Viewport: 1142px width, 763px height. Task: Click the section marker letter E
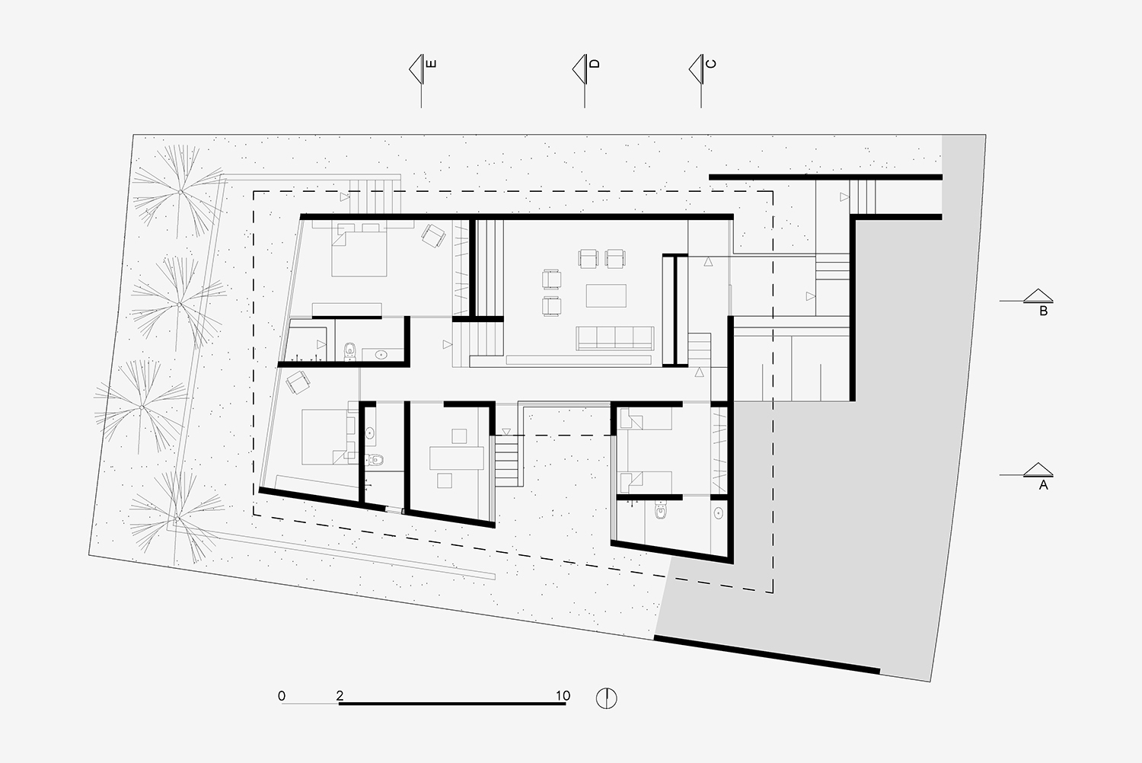point(431,64)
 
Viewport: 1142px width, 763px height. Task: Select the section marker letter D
point(595,64)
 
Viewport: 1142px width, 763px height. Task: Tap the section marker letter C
point(710,64)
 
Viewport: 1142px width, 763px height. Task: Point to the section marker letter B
point(1044,311)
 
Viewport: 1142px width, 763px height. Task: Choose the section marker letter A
point(1044,485)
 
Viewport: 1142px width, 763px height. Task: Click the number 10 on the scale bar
point(563,696)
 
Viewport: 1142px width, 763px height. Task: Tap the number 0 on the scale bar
point(282,696)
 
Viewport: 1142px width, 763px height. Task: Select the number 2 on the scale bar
point(340,696)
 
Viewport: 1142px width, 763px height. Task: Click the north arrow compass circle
point(607,698)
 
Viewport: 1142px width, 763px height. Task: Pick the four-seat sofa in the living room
point(615,338)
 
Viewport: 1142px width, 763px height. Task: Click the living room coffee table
point(606,295)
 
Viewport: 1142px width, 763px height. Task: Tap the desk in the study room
point(457,458)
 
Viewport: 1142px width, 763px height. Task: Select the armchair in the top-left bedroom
point(433,235)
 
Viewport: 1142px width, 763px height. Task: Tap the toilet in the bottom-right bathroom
point(662,509)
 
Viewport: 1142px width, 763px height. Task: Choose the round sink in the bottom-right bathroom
point(719,512)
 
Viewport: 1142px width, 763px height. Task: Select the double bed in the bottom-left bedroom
point(327,437)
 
